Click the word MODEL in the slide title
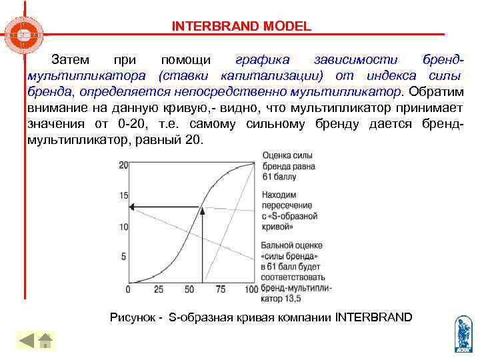pyautogui.click(x=287, y=27)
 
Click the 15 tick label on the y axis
pyautogui.click(x=123, y=196)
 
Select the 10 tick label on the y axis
pyautogui.click(x=123, y=227)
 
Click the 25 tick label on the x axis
pyautogui.click(x=159, y=290)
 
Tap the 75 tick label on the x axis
pyautogui.click(x=221, y=290)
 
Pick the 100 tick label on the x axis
pyautogui.click(x=251, y=290)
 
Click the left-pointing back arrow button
pyautogui.click(x=26, y=341)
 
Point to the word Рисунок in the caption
pyautogui.click(x=131, y=317)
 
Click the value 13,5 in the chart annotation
pyautogui.click(x=290, y=298)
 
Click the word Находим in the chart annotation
pyautogui.click(x=279, y=195)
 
